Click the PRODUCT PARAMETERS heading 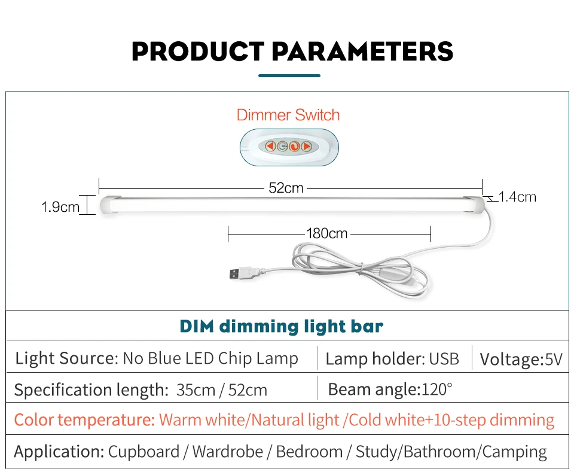292,51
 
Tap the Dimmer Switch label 288,115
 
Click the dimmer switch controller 288,146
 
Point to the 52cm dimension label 286,188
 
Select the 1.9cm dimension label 60,207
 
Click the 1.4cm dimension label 517,197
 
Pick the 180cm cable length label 326,233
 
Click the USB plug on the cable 239,275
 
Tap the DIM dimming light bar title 281,327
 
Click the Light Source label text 65,358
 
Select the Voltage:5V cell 521,360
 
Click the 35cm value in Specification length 196,391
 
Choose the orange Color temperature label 84,420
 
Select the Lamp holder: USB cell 392,359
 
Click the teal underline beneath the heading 289,76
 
